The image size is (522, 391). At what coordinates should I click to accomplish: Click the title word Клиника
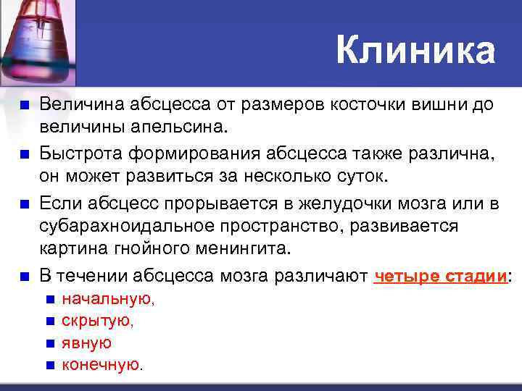coord(415,52)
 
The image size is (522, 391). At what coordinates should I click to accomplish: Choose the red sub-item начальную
coord(108,298)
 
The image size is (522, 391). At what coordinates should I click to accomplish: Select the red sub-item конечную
coord(101,365)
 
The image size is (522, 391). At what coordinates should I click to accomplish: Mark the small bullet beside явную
coord(49,343)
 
